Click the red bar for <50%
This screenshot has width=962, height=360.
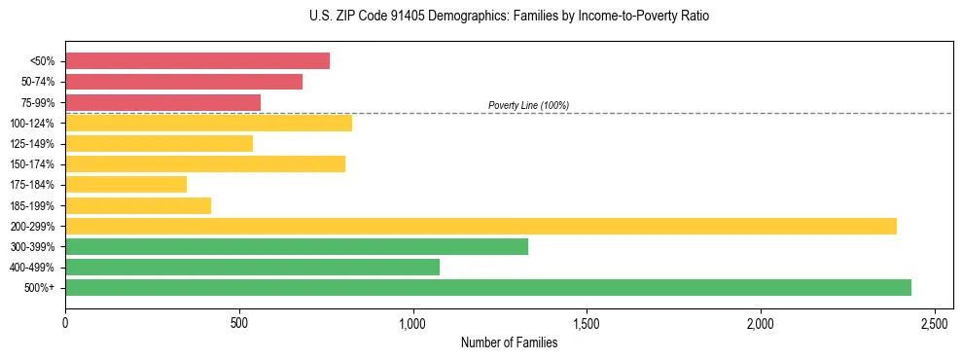pyautogui.click(x=197, y=61)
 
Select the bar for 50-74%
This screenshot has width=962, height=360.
pyautogui.click(x=184, y=82)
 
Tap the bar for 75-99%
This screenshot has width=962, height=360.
pyautogui.click(x=162, y=102)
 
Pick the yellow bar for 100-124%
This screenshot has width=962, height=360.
pyautogui.click(x=208, y=123)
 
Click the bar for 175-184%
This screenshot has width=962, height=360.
pyautogui.click(x=125, y=185)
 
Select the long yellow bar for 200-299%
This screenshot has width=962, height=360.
pyautogui.click(x=481, y=226)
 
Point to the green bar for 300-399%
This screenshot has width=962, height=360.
pyautogui.click(x=297, y=246)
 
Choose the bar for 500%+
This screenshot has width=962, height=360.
pyautogui.click(x=488, y=287)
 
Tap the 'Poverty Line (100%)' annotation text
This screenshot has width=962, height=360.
pyautogui.click(x=528, y=105)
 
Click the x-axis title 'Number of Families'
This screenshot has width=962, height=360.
pyautogui.click(x=510, y=342)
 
